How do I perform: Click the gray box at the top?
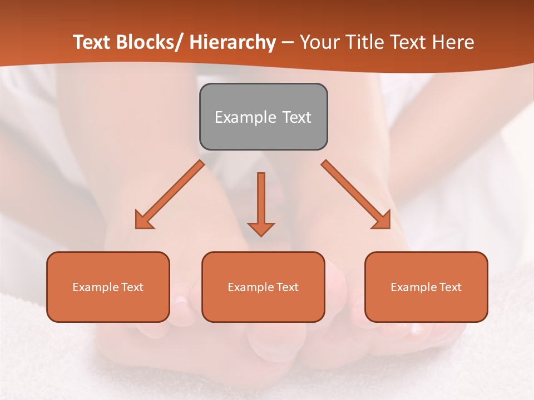pyautogui.click(x=263, y=117)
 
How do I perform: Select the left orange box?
pyautogui.click(x=108, y=287)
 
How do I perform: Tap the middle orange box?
pyautogui.click(x=263, y=287)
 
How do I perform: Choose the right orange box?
pyautogui.click(x=426, y=287)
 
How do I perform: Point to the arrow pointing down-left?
pyautogui.click(x=170, y=194)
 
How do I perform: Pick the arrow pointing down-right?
pyautogui.click(x=356, y=194)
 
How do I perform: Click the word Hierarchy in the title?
pyautogui.click(x=233, y=43)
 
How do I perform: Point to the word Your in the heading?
pyautogui.click(x=318, y=43)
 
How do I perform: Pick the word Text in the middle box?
pyautogui.click(x=288, y=287)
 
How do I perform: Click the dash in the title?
pyautogui.click(x=288, y=43)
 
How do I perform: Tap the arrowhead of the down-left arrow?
pyautogui.click(x=143, y=222)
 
